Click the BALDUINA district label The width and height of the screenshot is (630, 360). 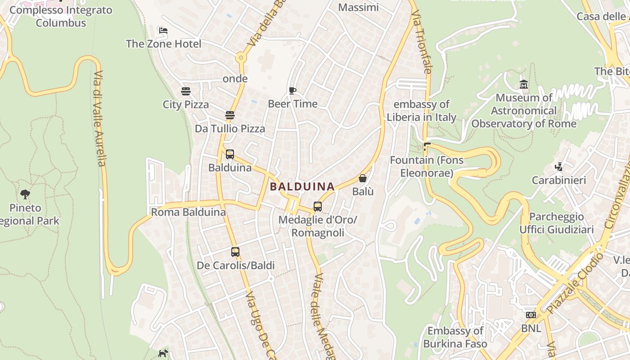coord(302,186)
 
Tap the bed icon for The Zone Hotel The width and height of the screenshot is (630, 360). coord(163,31)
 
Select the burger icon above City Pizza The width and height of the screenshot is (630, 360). coord(186,91)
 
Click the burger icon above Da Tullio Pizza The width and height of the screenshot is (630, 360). coord(230,115)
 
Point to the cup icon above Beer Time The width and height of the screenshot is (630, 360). coord(292,90)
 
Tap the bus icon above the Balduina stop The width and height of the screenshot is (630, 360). coord(230,154)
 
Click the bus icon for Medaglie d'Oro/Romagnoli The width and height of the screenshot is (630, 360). coord(318,207)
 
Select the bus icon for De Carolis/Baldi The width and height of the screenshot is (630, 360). coord(235,252)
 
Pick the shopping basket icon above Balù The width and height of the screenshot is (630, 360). coord(363,178)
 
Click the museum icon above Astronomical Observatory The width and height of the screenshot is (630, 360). coord(524,84)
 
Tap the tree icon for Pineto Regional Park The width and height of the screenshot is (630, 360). coord(25,194)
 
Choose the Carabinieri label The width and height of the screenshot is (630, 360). coord(559,180)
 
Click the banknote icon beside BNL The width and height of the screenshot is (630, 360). coord(531,315)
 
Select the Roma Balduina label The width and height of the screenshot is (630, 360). coord(188,212)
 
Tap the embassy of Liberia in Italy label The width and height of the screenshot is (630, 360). coord(422,111)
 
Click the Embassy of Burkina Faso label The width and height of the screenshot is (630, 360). coord(455,337)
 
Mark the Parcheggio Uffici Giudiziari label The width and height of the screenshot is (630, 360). coord(556,223)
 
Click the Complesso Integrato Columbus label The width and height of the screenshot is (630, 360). coord(61,16)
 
